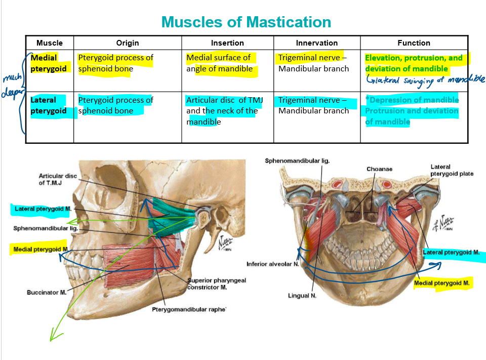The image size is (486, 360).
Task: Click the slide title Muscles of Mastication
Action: point(246,22)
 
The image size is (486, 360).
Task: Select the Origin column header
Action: point(127,43)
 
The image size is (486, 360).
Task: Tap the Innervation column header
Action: point(316,43)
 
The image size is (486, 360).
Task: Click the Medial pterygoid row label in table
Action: point(49,63)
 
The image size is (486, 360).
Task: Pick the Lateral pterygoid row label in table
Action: point(49,105)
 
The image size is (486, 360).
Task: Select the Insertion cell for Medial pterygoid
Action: point(219,63)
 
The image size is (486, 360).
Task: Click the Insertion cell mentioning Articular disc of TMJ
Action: point(224,111)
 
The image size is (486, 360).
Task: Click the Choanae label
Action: point(379,169)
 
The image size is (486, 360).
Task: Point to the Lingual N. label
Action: point(302,296)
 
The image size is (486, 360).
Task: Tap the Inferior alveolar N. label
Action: point(272,264)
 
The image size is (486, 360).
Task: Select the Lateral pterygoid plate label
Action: point(452,170)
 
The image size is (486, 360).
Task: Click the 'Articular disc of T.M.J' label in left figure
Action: point(58,179)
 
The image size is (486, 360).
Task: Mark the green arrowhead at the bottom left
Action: point(52,336)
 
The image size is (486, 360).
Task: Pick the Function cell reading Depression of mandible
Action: point(412,100)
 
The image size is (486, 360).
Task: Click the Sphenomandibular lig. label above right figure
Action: point(297,161)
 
